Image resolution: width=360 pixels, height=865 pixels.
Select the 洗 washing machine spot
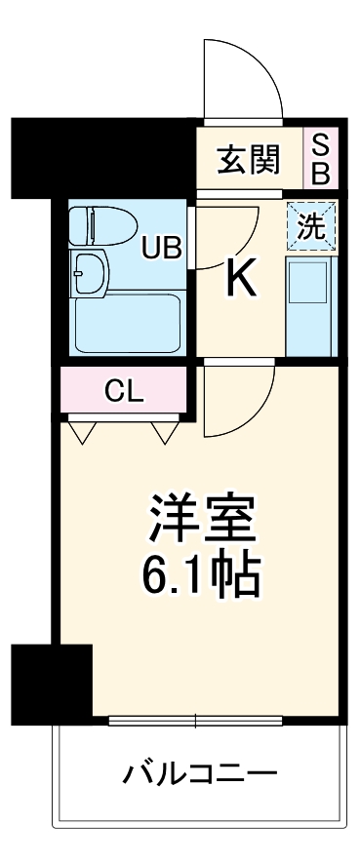coord(311,226)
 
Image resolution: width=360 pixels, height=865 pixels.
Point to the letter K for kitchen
coord(241,281)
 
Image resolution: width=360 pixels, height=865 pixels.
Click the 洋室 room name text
coord(203,517)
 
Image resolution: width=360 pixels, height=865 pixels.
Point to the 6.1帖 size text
coord(203,575)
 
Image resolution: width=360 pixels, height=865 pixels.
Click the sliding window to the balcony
coord(195,722)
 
